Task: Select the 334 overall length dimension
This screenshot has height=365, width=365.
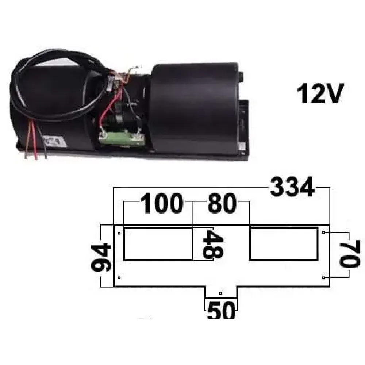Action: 292,187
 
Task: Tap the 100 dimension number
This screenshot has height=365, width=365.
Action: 162,203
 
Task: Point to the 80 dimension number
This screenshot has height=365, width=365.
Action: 222,203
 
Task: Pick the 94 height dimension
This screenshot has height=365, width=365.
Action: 101,257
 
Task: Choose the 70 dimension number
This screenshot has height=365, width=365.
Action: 350,255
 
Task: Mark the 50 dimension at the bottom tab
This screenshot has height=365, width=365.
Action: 222,310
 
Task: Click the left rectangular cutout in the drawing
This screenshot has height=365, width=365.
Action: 158,244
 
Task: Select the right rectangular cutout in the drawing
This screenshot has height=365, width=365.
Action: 284,244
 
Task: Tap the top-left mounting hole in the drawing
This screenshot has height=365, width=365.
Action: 119,233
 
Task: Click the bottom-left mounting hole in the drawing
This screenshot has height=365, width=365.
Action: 119,278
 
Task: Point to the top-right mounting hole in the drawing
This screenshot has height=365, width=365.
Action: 323,232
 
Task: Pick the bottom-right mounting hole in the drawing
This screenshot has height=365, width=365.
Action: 323,278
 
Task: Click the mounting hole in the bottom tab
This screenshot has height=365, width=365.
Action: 220,293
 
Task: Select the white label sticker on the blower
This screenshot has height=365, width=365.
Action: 55,142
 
